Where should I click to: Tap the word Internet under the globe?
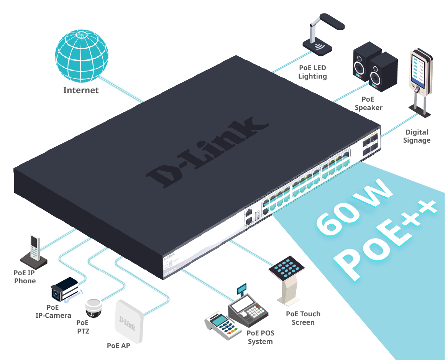click(x=81, y=90)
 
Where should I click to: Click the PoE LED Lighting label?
click(x=312, y=72)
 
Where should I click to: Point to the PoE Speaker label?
click(x=368, y=104)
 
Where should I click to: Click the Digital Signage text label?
click(x=417, y=136)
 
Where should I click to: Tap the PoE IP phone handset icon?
click(x=35, y=250)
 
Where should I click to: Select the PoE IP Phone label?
click(x=25, y=277)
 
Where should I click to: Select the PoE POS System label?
click(x=260, y=337)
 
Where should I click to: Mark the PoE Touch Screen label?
click(x=303, y=318)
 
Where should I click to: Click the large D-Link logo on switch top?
click(x=207, y=153)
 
